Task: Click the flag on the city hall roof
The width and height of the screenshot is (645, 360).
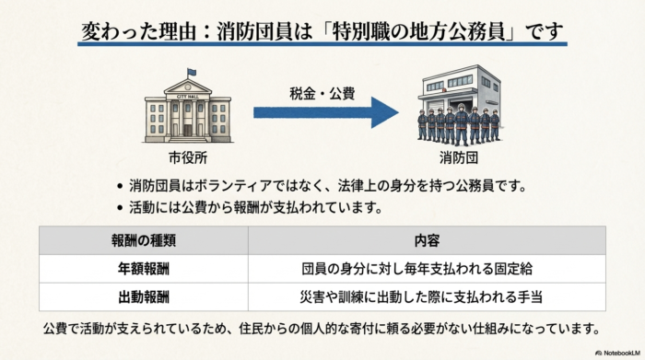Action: pyautogui.click(x=191, y=73)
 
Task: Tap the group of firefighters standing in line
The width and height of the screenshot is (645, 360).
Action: pyautogui.click(x=458, y=125)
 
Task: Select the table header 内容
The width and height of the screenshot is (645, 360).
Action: pyautogui.click(x=427, y=240)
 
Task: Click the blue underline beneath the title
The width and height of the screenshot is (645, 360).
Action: pyautogui.click(x=322, y=45)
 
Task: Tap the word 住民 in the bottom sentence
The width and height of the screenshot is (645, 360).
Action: pyautogui.click(x=262, y=329)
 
